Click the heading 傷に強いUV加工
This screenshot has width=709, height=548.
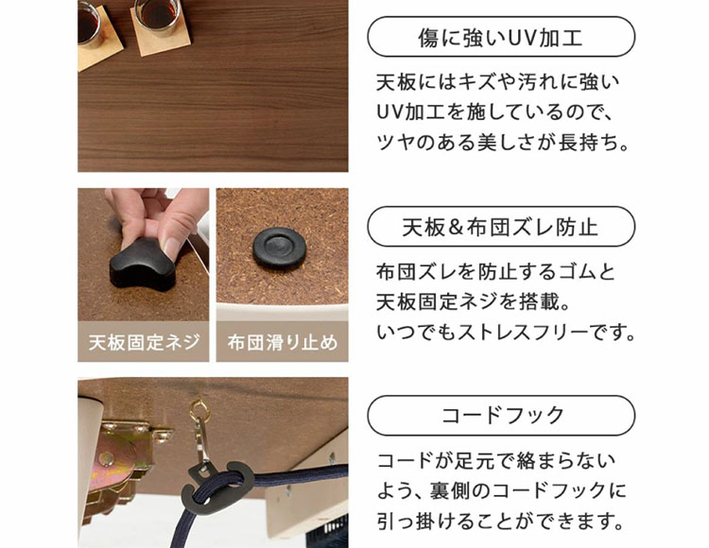pos(500,37)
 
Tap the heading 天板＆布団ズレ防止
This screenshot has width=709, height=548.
pos(500,227)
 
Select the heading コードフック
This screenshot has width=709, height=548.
pos(502,415)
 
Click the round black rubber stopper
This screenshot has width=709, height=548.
pos(279,248)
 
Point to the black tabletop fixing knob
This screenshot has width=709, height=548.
pos(142,265)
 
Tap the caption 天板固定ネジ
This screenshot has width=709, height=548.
pos(144,342)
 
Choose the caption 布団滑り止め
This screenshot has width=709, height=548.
pos(282,342)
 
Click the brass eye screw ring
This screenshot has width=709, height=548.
pos(199,410)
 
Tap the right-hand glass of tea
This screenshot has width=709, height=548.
pos(159,17)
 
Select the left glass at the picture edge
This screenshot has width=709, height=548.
pos(89,23)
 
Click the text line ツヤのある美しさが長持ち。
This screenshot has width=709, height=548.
pos(502,143)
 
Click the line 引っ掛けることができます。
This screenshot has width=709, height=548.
pos(500,522)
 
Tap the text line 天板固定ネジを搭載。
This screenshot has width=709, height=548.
pos(473,302)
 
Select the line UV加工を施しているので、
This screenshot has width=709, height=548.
pos(494,112)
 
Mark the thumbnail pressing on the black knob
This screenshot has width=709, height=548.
pos(172,247)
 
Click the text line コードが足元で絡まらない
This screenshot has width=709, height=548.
pos(496,461)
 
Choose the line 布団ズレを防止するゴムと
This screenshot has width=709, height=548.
pos(495,272)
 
